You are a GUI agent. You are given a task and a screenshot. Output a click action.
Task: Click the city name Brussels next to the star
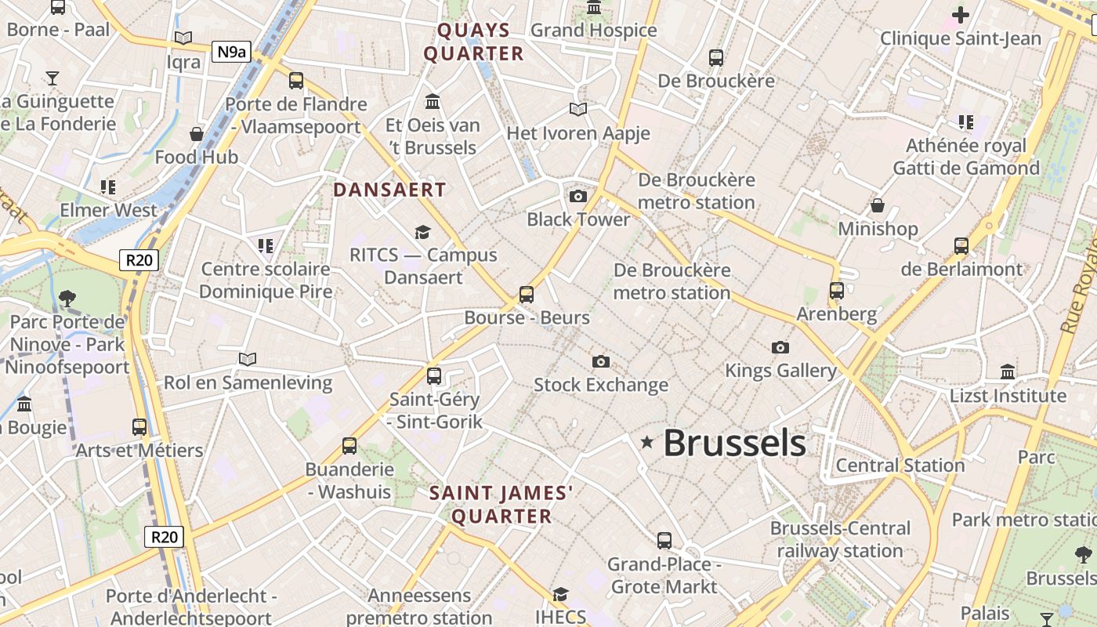pyautogui.click(x=734, y=443)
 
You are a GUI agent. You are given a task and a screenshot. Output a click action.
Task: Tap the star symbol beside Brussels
pyautogui.click(x=646, y=442)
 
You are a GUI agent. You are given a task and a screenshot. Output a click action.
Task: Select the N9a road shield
pyautogui.click(x=231, y=53)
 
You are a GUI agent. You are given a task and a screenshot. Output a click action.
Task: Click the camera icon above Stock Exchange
pyautogui.click(x=601, y=361)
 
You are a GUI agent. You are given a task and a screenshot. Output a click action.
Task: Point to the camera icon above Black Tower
pyautogui.click(x=578, y=196)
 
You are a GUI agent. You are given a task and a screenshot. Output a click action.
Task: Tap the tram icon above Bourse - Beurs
pyautogui.click(x=527, y=295)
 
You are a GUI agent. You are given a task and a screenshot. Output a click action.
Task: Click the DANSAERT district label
pyautogui.click(x=389, y=190)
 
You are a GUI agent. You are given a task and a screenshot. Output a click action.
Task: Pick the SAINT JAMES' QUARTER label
pyautogui.click(x=501, y=505)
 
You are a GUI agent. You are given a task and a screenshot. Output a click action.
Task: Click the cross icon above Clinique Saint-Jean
pyautogui.click(x=960, y=15)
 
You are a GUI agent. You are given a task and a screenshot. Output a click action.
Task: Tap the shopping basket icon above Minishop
pyautogui.click(x=878, y=205)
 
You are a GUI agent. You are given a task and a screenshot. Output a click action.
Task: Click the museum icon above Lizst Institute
pyautogui.click(x=1008, y=371)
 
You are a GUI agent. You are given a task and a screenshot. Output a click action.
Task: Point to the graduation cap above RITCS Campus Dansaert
pyautogui.click(x=423, y=232)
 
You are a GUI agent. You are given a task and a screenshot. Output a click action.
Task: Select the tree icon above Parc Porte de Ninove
pyautogui.click(x=67, y=298)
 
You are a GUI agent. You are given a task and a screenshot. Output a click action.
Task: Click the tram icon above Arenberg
pyautogui.click(x=837, y=290)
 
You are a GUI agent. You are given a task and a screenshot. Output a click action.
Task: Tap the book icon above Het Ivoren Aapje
pyautogui.click(x=578, y=110)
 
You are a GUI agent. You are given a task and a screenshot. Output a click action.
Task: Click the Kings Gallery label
pyautogui.click(x=780, y=370)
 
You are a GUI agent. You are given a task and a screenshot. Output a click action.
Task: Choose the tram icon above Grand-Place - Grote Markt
pyautogui.click(x=664, y=540)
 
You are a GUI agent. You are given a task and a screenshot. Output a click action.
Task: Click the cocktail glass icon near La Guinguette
pyautogui.click(x=52, y=78)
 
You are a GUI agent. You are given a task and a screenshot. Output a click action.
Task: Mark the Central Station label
pyautogui.click(x=900, y=465)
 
